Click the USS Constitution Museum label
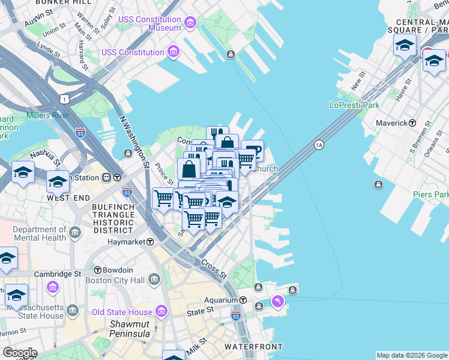pyautogui.click(x=149, y=23)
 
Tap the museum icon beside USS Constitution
pyautogui.click(x=173, y=52)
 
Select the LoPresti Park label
pyautogui.click(x=355, y=105)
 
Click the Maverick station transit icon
pyautogui.click(x=412, y=123)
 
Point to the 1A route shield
pyautogui.click(x=319, y=145)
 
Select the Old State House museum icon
pyautogui.click(x=161, y=311)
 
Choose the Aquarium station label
pyautogui.click(x=220, y=300)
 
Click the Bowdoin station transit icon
pyautogui.click(x=97, y=270)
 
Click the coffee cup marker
pyautogui.click(x=252, y=151)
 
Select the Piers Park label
pyautogui.click(x=430, y=194)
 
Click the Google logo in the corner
pyautogui.click(x=19, y=353)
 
